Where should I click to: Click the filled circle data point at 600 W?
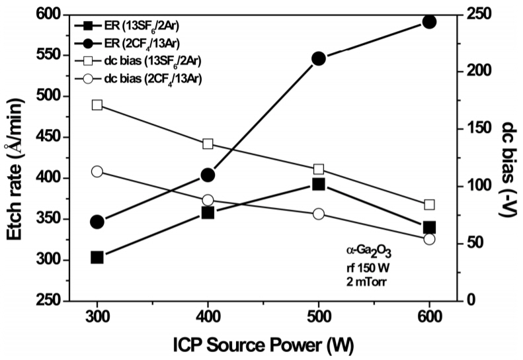pos(429,22)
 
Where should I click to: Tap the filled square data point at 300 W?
pos(97,257)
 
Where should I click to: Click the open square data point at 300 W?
pos(97,105)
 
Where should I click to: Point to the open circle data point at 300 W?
pos(97,171)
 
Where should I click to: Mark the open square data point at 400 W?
pos(208,144)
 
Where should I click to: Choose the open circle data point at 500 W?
pos(319,214)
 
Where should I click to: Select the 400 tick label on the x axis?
pos(208,317)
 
